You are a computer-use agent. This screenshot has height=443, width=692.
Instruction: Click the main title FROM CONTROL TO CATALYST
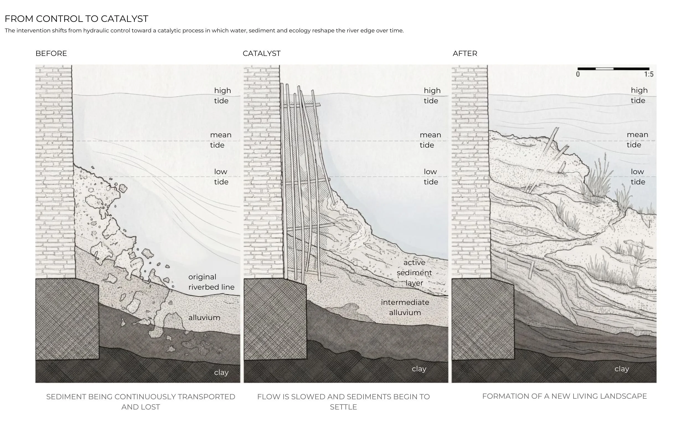click(x=76, y=19)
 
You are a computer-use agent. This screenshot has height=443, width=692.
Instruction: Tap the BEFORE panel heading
click(x=51, y=53)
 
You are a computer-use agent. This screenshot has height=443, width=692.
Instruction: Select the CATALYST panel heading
click(x=261, y=53)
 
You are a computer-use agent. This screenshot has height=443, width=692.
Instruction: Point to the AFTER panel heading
click(x=465, y=53)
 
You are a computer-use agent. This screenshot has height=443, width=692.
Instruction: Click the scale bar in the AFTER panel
click(x=613, y=69)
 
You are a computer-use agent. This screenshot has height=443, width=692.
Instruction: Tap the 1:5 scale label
click(x=649, y=74)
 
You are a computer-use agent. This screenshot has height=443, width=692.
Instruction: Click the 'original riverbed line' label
click(x=211, y=282)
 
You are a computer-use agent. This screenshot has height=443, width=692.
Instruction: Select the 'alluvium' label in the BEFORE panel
click(x=204, y=318)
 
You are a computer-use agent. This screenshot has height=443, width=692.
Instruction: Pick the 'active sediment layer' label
click(x=414, y=273)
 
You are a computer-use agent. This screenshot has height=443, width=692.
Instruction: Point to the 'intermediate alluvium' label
click(x=405, y=307)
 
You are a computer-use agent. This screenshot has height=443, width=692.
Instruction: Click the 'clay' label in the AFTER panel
click(x=622, y=369)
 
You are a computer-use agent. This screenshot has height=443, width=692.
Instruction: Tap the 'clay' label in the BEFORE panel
click(x=221, y=372)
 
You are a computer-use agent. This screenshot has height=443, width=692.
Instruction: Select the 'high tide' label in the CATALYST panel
click(x=432, y=96)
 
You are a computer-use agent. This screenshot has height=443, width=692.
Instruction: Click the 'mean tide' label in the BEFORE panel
click(x=221, y=140)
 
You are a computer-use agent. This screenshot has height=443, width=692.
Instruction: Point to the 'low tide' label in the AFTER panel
click(x=638, y=177)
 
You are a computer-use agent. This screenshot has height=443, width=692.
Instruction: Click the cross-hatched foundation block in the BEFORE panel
click(x=67, y=319)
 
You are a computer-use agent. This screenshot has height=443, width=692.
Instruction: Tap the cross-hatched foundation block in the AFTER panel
click(x=483, y=319)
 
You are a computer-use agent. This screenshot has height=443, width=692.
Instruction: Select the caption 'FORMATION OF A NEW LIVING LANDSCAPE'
click(x=564, y=396)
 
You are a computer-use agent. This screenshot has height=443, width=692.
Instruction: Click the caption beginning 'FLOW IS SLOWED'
click(x=343, y=401)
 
